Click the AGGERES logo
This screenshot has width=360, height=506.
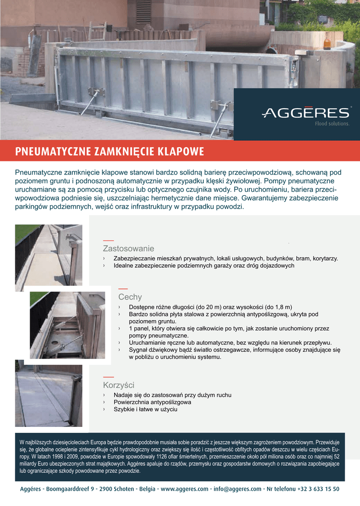tap(305, 113)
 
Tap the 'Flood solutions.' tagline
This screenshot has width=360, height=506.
tap(332, 124)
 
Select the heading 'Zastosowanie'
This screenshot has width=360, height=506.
tap(128, 248)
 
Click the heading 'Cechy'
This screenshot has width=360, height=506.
tap(130, 297)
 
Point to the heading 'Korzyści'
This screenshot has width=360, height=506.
tap(119, 385)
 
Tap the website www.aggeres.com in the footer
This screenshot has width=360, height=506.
tap(184, 489)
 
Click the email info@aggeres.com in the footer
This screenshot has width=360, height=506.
tap(237, 489)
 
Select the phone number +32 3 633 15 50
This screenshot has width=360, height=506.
tap(318, 489)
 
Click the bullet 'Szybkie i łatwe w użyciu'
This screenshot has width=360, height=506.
tap(145, 409)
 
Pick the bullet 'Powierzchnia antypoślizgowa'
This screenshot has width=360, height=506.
tap(152, 402)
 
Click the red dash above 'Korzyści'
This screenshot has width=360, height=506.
tap(108, 377)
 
